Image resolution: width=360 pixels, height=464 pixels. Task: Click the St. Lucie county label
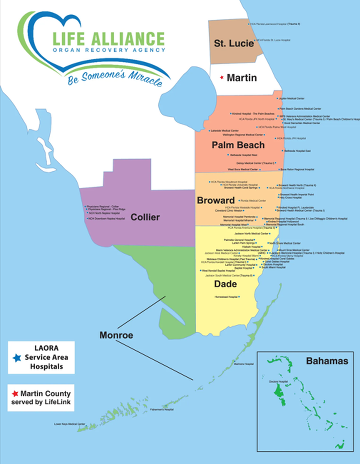click(x=233, y=43)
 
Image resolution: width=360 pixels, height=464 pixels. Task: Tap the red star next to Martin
click(x=222, y=77)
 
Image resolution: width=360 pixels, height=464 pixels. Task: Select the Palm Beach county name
click(x=238, y=145)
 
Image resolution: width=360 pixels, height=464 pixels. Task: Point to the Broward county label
click(x=216, y=200)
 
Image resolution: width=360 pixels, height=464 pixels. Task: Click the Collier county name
click(x=145, y=217)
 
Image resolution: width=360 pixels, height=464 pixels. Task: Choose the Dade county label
click(x=225, y=284)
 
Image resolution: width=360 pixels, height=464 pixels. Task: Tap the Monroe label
click(x=116, y=335)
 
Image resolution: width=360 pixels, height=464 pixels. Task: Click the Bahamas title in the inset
click(x=327, y=361)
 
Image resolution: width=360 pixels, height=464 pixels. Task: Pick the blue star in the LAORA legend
click(x=17, y=358)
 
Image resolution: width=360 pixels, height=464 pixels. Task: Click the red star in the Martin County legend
click(x=15, y=394)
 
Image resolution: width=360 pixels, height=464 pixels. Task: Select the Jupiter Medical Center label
click(x=291, y=99)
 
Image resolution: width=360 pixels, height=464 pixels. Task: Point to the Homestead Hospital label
click(x=226, y=297)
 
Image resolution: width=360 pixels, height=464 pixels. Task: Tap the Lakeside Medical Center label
click(x=225, y=130)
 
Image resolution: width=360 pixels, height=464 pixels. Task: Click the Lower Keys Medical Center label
click(x=69, y=424)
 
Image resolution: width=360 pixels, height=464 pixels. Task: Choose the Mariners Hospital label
click(x=244, y=364)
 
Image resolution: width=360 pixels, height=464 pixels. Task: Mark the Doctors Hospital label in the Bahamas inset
click(x=278, y=382)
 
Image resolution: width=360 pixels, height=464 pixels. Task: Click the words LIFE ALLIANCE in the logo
click(x=108, y=39)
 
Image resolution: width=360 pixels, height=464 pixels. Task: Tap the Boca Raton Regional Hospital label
click(x=297, y=170)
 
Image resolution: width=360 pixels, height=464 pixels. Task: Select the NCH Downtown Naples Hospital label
click(x=106, y=219)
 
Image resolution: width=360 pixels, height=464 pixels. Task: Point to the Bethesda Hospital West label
click(x=243, y=155)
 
